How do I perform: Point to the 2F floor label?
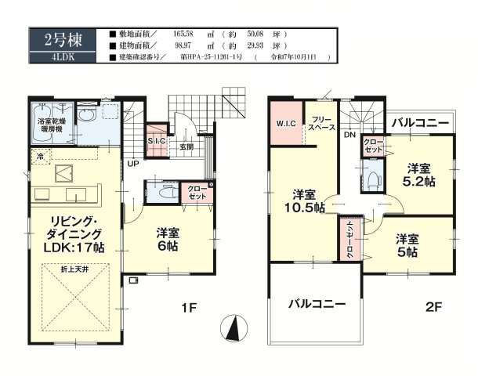[434, 308]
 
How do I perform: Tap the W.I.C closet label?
[284, 124]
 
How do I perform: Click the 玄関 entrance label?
[186, 146]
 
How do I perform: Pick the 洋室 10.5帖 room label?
[305, 201]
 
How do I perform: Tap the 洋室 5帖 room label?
[405, 245]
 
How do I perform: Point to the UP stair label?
[134, 163]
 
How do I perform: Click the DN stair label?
[348, 134]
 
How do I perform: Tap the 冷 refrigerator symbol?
[39, 157]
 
